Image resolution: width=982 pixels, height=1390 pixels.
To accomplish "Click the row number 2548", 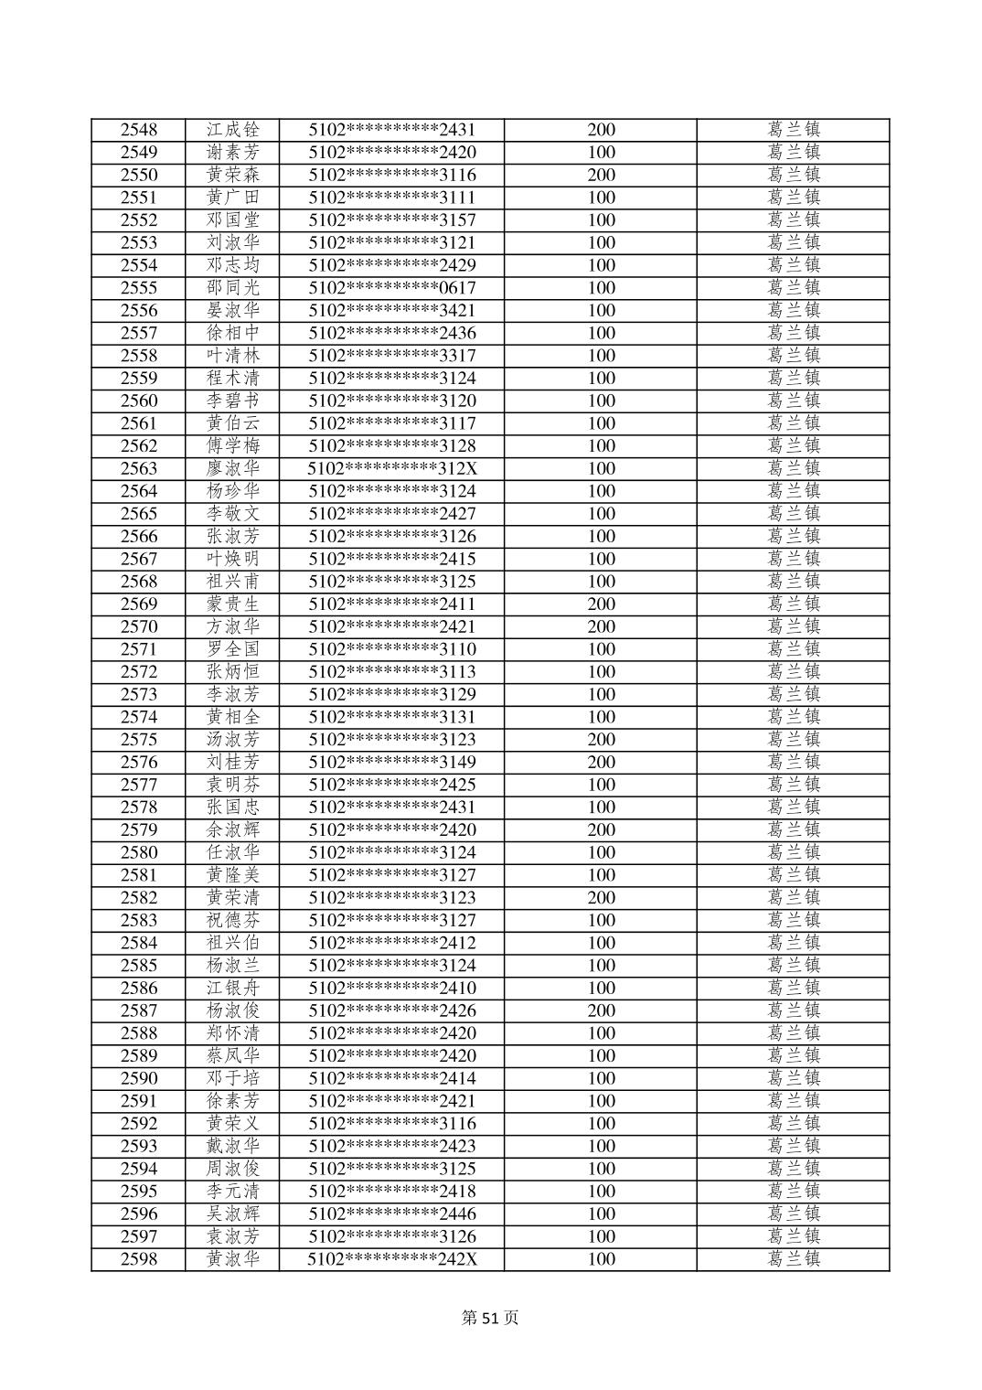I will (138, 130).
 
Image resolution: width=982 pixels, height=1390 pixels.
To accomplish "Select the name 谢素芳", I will (232, 153).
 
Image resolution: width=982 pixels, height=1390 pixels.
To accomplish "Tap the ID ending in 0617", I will (391, 288).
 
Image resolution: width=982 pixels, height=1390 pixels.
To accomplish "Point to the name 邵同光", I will (232, 288).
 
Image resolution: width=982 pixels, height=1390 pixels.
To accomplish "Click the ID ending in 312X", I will (391, 468).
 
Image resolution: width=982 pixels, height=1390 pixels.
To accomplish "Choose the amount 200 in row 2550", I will (601, 175).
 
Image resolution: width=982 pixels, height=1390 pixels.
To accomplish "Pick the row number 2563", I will (138, 468).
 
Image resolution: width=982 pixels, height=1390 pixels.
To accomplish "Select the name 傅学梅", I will (232, 446).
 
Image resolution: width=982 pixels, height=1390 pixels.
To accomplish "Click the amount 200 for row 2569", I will (601, 604).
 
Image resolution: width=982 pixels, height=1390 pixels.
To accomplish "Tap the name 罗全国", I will (232, 649).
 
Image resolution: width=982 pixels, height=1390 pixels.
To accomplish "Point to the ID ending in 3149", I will (391, 762).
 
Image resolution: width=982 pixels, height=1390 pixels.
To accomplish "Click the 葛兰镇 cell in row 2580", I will (793, 852).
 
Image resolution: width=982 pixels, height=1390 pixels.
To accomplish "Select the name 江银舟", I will (232, 988).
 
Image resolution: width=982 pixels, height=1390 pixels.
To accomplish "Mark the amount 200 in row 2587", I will (601, 1010).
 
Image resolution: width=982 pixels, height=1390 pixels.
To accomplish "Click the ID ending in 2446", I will (391, 1214).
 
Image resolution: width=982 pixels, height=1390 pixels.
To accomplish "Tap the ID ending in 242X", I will (391, 1259).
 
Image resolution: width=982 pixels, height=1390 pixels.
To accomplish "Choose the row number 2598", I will (138, 1259).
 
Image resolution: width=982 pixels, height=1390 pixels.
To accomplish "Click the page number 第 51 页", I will (490, 1318).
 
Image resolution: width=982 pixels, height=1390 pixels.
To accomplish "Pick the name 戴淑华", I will (232, 1146).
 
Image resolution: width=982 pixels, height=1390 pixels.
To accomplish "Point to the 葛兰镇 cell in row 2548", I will (793, 130).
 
